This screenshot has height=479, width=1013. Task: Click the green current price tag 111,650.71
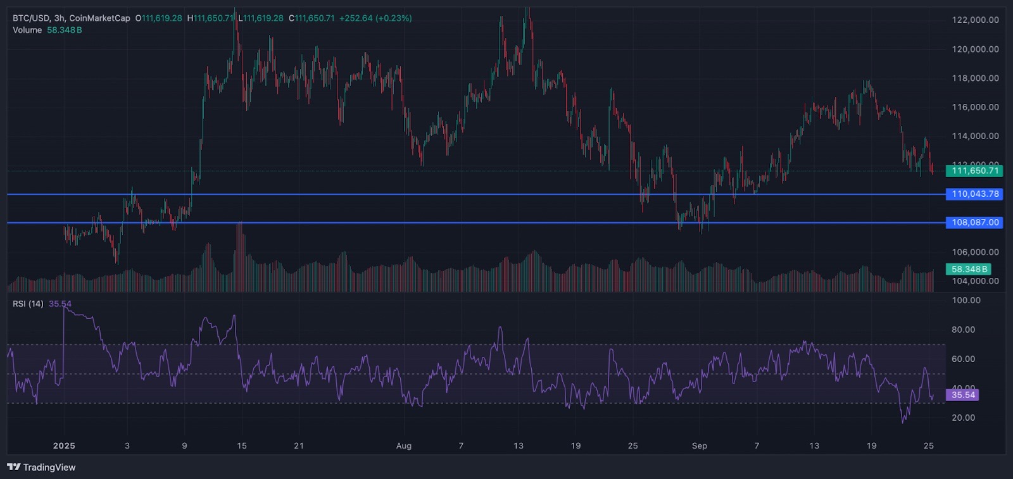(x=974, y=171)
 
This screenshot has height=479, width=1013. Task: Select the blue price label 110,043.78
(x=974, y=194)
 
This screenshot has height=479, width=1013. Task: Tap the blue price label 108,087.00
(x=974, y=223)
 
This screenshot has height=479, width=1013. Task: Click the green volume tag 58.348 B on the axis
(x=969, y=270)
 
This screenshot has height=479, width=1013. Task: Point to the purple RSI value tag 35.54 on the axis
(x=962, y=395)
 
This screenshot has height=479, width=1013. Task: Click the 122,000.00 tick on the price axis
(x=975, y=20)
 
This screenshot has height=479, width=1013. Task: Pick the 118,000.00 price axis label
(x=975, y=78)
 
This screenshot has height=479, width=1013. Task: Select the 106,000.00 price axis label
(x=975, y=252)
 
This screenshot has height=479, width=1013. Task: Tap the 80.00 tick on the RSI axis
(x=963, y=330)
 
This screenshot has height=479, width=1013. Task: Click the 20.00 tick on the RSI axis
(x=963, y=418)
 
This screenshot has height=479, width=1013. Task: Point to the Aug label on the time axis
(x=404, y=446)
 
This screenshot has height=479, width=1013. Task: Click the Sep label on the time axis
(x=700, y=446)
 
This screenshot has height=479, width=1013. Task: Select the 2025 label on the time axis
(x=64, y=446)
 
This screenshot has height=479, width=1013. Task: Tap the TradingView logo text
(x=49, y=468)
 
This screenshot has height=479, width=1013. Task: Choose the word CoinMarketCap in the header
(x=99, y=18)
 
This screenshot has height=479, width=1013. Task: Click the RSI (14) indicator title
(x=28, y=304)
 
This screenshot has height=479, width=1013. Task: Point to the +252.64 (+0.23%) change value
(x=375, y=18)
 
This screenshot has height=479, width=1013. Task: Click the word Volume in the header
(x=27, y=30)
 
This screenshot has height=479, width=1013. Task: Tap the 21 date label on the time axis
(x=299, y=446)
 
